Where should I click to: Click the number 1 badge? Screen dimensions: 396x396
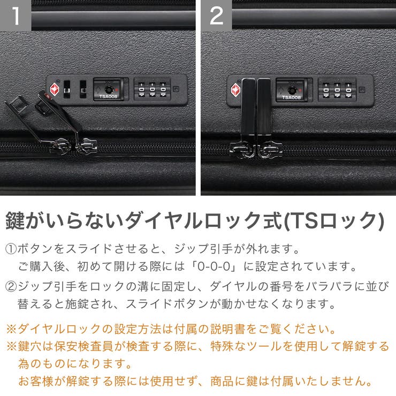[15, 16]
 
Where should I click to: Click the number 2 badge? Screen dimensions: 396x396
[216, 16]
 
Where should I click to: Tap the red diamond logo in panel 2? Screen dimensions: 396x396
[236, 88]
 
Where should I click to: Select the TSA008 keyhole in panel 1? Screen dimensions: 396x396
[109, 89]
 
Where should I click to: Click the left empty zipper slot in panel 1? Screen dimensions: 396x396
[67, 88]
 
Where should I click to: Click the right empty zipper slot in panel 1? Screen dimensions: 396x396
[83, 88]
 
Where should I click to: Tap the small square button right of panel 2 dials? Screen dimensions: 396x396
[362, 89]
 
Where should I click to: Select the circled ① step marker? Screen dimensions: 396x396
[11, 249]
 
